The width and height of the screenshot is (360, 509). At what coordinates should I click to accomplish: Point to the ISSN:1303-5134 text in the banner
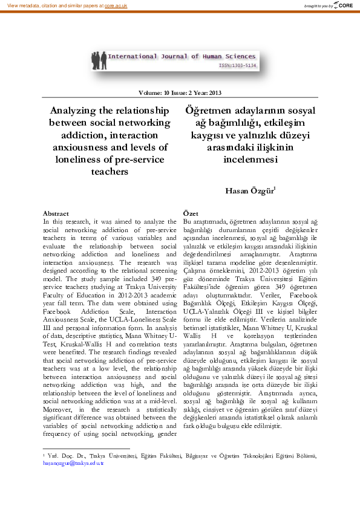point(237,64)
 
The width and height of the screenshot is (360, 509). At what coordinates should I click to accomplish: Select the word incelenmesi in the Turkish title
point(250,160)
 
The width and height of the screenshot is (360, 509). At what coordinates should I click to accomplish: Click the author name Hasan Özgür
point(249,191)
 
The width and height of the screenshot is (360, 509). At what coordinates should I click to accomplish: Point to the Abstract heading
point(56,213)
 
